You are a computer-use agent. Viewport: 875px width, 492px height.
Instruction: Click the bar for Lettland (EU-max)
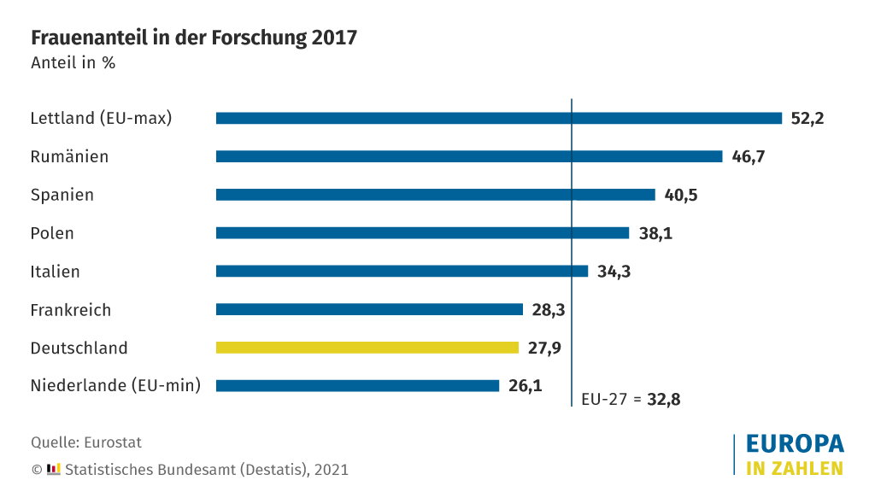(x=498, y=119)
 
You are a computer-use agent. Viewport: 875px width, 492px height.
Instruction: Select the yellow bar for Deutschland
(x=367, y=348)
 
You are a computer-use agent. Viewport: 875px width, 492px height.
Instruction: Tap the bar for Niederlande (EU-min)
(x=357, y=386)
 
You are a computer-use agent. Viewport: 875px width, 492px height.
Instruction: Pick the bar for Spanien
(x=435, y=195)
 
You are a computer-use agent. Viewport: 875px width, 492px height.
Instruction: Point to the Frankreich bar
(x=369, y=309)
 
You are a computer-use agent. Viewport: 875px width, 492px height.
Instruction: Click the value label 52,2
(x=807, y=119)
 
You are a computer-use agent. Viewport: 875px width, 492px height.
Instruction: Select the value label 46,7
(x=748, y=157)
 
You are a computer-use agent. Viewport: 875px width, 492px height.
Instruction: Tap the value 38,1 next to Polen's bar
(x=655, y=233)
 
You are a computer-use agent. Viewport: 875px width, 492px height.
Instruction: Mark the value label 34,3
(x=614, y=272)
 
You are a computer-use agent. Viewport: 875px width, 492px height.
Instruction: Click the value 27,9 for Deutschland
(x=543, y=348)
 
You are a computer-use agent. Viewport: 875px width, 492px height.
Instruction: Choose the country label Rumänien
(x=69, y=157)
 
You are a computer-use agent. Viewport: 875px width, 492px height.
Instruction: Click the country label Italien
(x=55, y=272)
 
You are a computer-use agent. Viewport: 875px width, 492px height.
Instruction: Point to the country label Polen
(x=52, y=233)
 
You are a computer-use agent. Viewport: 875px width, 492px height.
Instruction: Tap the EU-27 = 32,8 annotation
(x=630, y=399)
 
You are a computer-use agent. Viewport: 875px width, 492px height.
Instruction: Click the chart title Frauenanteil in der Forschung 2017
(x=194, y=38)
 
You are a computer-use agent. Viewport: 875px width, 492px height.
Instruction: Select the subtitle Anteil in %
(x=73, y=63)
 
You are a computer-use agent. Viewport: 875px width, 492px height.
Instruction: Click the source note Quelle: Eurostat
(x=86, y=442)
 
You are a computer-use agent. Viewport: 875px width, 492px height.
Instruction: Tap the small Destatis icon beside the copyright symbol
(x=54, y=469)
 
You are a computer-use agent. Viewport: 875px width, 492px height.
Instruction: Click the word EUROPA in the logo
(x=795, y=444)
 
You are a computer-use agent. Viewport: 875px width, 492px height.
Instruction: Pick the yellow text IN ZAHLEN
(x=795, y=468)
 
